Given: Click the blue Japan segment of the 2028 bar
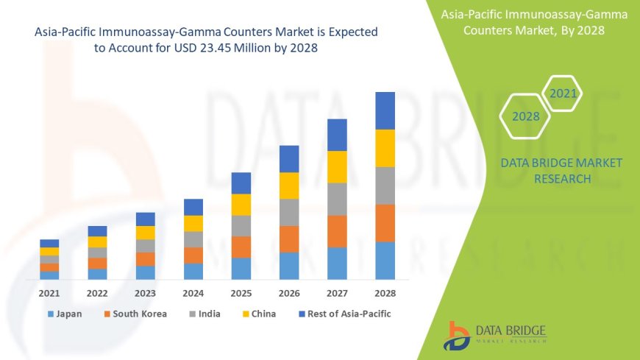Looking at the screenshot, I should point(385,261).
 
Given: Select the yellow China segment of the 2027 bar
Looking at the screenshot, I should point(337,167).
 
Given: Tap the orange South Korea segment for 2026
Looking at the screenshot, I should point(289,239).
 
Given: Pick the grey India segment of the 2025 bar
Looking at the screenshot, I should point(241,226).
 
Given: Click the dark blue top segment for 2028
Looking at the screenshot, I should point(385,110).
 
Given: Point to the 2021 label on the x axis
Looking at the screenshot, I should point(49,293).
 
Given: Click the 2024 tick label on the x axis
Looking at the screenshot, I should point(193,293).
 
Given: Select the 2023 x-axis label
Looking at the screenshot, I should point(145,293).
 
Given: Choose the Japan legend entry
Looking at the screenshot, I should point(65,314).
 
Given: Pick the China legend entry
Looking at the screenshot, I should point(258,314).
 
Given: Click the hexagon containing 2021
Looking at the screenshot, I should point(563,93).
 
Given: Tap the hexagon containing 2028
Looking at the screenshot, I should point(525,116).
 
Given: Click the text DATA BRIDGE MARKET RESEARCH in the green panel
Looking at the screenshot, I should point(561,171).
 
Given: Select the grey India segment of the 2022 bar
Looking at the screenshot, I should point(97,253).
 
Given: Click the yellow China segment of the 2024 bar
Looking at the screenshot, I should point(193,224).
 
